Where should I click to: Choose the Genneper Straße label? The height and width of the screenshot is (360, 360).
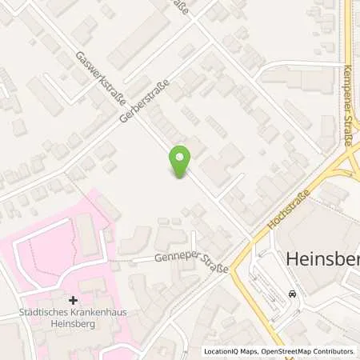[x=191, y=262]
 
